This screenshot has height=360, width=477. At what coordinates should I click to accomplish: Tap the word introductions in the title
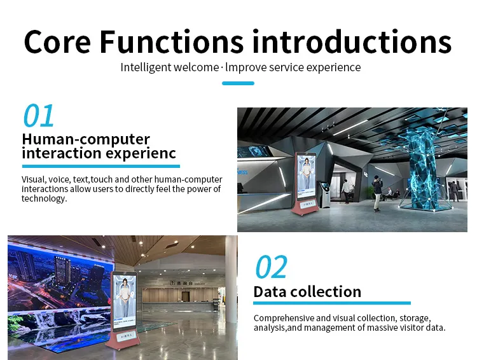click(352, 41)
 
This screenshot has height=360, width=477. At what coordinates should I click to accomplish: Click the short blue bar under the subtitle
click(238, 83)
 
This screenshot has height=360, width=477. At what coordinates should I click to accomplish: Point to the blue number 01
click(39, 116)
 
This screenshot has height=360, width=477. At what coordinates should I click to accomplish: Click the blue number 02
click(272, 268)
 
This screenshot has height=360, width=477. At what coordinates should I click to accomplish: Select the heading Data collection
click(307, 292)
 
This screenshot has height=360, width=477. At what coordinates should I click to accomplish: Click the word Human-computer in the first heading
click(86, 139)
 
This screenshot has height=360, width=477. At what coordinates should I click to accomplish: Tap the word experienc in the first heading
click(141, 153)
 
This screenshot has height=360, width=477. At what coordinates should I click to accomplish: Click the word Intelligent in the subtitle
click(146, 67)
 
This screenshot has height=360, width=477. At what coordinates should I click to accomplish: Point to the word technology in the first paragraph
click(43, 198)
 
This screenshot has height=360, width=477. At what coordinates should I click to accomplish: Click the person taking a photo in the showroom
click(377, 193)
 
